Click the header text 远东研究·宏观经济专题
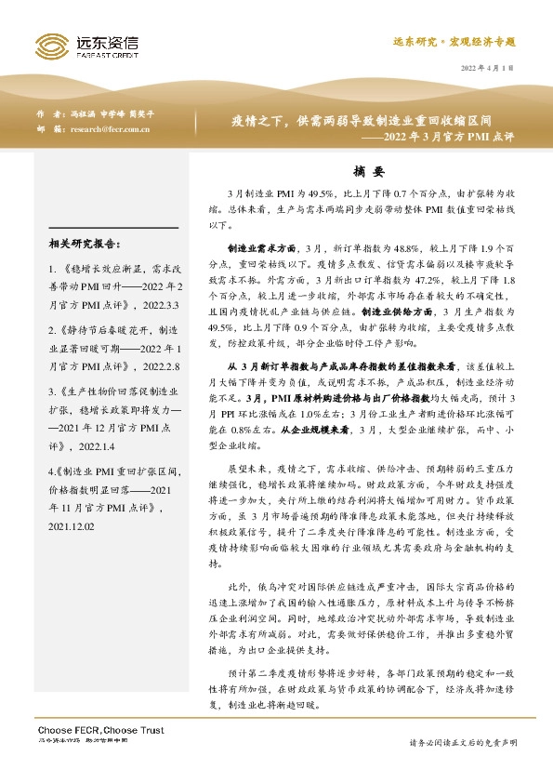(453, 43)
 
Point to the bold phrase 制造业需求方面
(261, 249)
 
